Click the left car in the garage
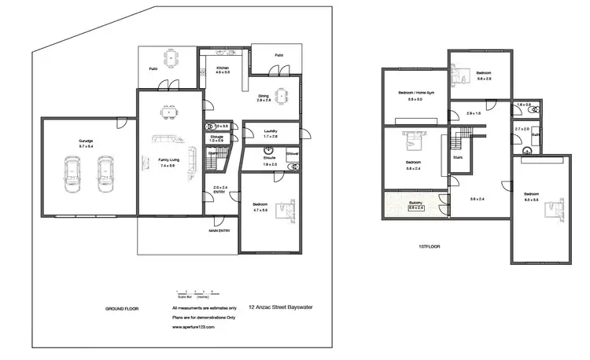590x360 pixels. point(72,174)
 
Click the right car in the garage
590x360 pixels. point(105,174)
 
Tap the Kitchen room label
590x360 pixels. point(223,68)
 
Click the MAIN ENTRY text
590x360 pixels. point(220,231)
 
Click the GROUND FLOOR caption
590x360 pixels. point(122,309)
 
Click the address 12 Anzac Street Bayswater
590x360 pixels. point(280,308)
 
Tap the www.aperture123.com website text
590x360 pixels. point(193,325)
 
